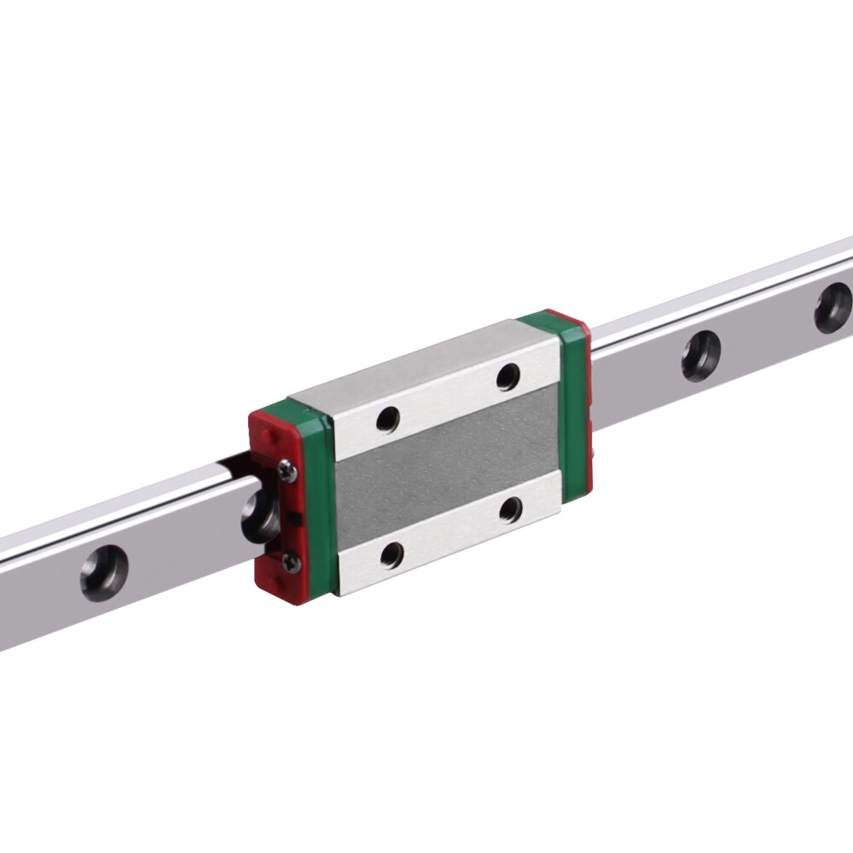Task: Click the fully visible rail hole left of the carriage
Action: (x=104, y=573)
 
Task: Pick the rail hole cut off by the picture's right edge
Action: (x=833, y=308)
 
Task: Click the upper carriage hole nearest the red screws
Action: (x=388, y=420)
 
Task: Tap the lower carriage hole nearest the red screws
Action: (x=392, y=555)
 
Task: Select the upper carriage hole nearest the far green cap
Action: (x=508, y=376)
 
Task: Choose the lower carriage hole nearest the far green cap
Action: (x=511, y=510)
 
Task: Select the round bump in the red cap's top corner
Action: (x=267, y=434)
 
